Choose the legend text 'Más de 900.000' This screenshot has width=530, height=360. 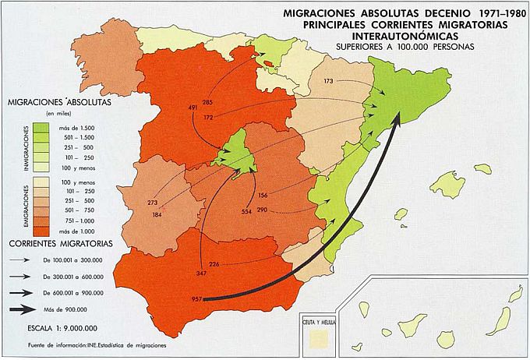coord(75,309)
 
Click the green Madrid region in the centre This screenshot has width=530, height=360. coord(238,153)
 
